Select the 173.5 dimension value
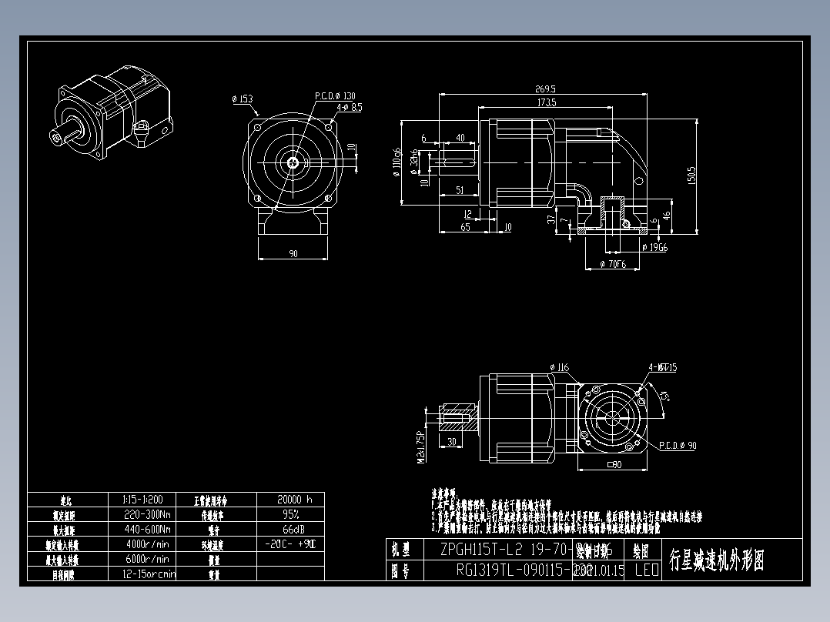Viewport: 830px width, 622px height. [547, 102]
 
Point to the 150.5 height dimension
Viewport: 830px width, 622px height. [691, 176]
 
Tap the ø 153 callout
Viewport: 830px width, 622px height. [242, 99]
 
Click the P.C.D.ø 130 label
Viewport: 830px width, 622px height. [335, 96]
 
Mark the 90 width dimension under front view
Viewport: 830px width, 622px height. [293, 253]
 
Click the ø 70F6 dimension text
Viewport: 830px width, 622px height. [614, 264]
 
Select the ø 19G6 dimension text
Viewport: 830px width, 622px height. [654, 247]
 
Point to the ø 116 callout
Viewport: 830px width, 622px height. [560, 367]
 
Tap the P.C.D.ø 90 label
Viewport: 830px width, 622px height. [678, 445]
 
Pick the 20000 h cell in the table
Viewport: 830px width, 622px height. [289, 499]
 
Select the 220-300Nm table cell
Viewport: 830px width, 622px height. [147, 514]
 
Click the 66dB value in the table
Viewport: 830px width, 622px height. [289, 529]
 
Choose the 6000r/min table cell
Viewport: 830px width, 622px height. [147, 559]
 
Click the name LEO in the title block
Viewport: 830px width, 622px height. [646, 570]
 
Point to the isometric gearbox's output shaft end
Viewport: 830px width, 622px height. [57, 138]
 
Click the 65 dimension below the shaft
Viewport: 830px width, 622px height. [466, 227]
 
